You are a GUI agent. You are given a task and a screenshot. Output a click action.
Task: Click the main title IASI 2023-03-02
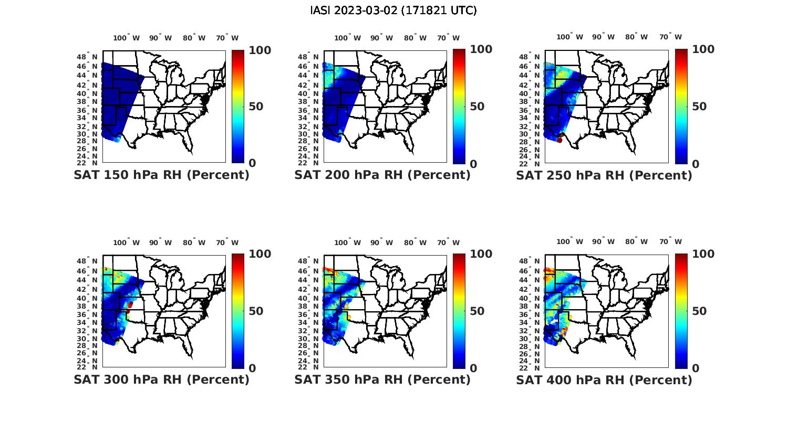393,10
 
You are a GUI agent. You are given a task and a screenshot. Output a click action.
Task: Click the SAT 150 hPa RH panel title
161,175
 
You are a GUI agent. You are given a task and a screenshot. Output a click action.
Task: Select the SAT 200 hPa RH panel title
382,175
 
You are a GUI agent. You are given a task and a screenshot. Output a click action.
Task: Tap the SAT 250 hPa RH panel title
604,175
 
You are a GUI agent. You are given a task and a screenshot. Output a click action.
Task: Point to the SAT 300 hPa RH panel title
161,379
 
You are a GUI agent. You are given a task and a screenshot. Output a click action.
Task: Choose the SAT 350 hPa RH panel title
382,379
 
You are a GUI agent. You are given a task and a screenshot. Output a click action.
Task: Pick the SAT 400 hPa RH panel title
604,379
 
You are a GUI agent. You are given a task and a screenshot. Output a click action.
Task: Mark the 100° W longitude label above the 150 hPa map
126,38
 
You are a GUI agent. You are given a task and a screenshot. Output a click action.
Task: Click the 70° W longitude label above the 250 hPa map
670,37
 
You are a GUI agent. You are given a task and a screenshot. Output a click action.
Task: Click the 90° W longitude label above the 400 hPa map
603,241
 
